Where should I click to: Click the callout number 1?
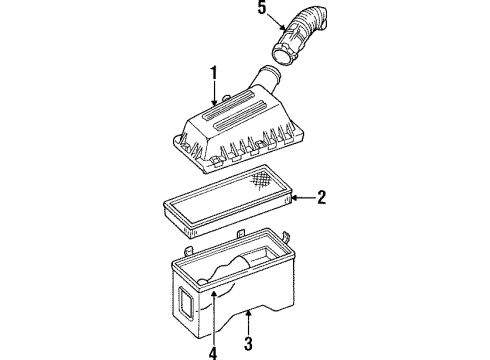(212, 73)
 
